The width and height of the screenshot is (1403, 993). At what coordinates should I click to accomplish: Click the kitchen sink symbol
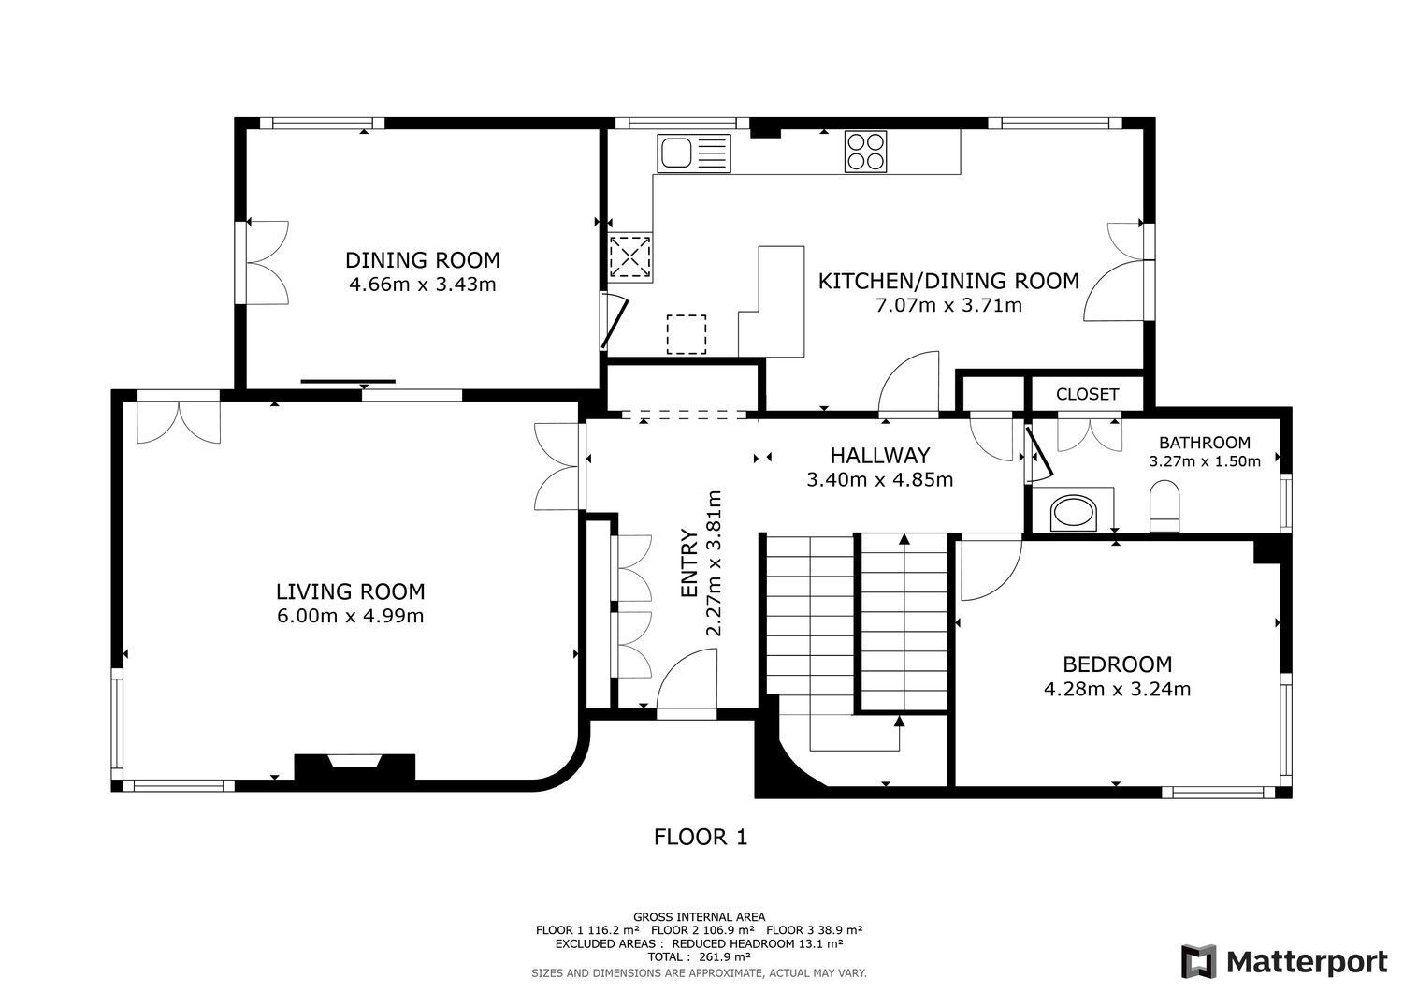(693, 153)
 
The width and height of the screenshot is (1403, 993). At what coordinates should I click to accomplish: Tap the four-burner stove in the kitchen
(865, 151)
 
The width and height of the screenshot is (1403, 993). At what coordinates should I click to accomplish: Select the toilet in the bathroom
(1164, 506)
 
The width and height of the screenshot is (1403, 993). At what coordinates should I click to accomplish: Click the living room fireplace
(354, 767)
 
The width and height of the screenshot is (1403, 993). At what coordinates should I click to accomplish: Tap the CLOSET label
(1087, 394)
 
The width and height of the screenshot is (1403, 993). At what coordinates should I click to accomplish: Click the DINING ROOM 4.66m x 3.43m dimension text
(422, 285)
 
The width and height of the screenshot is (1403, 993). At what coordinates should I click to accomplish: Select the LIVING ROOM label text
(350, 591)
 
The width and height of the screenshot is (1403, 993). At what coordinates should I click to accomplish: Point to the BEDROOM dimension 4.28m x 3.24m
(1117, 689)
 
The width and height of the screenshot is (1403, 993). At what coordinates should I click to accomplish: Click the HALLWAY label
(880, 455)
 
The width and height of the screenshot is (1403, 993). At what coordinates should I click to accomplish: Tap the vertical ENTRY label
(689, 563)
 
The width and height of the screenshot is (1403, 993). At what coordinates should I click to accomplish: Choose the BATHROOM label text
(1205, 443)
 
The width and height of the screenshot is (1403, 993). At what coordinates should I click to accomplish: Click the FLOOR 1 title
(701, 837)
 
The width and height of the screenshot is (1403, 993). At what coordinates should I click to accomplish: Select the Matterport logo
(1284, 961)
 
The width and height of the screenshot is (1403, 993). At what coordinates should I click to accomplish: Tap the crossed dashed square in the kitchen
(630, 256)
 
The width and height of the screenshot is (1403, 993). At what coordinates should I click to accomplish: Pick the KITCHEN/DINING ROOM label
(948, 281)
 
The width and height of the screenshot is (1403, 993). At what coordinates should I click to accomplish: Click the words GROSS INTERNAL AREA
(699, 917)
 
